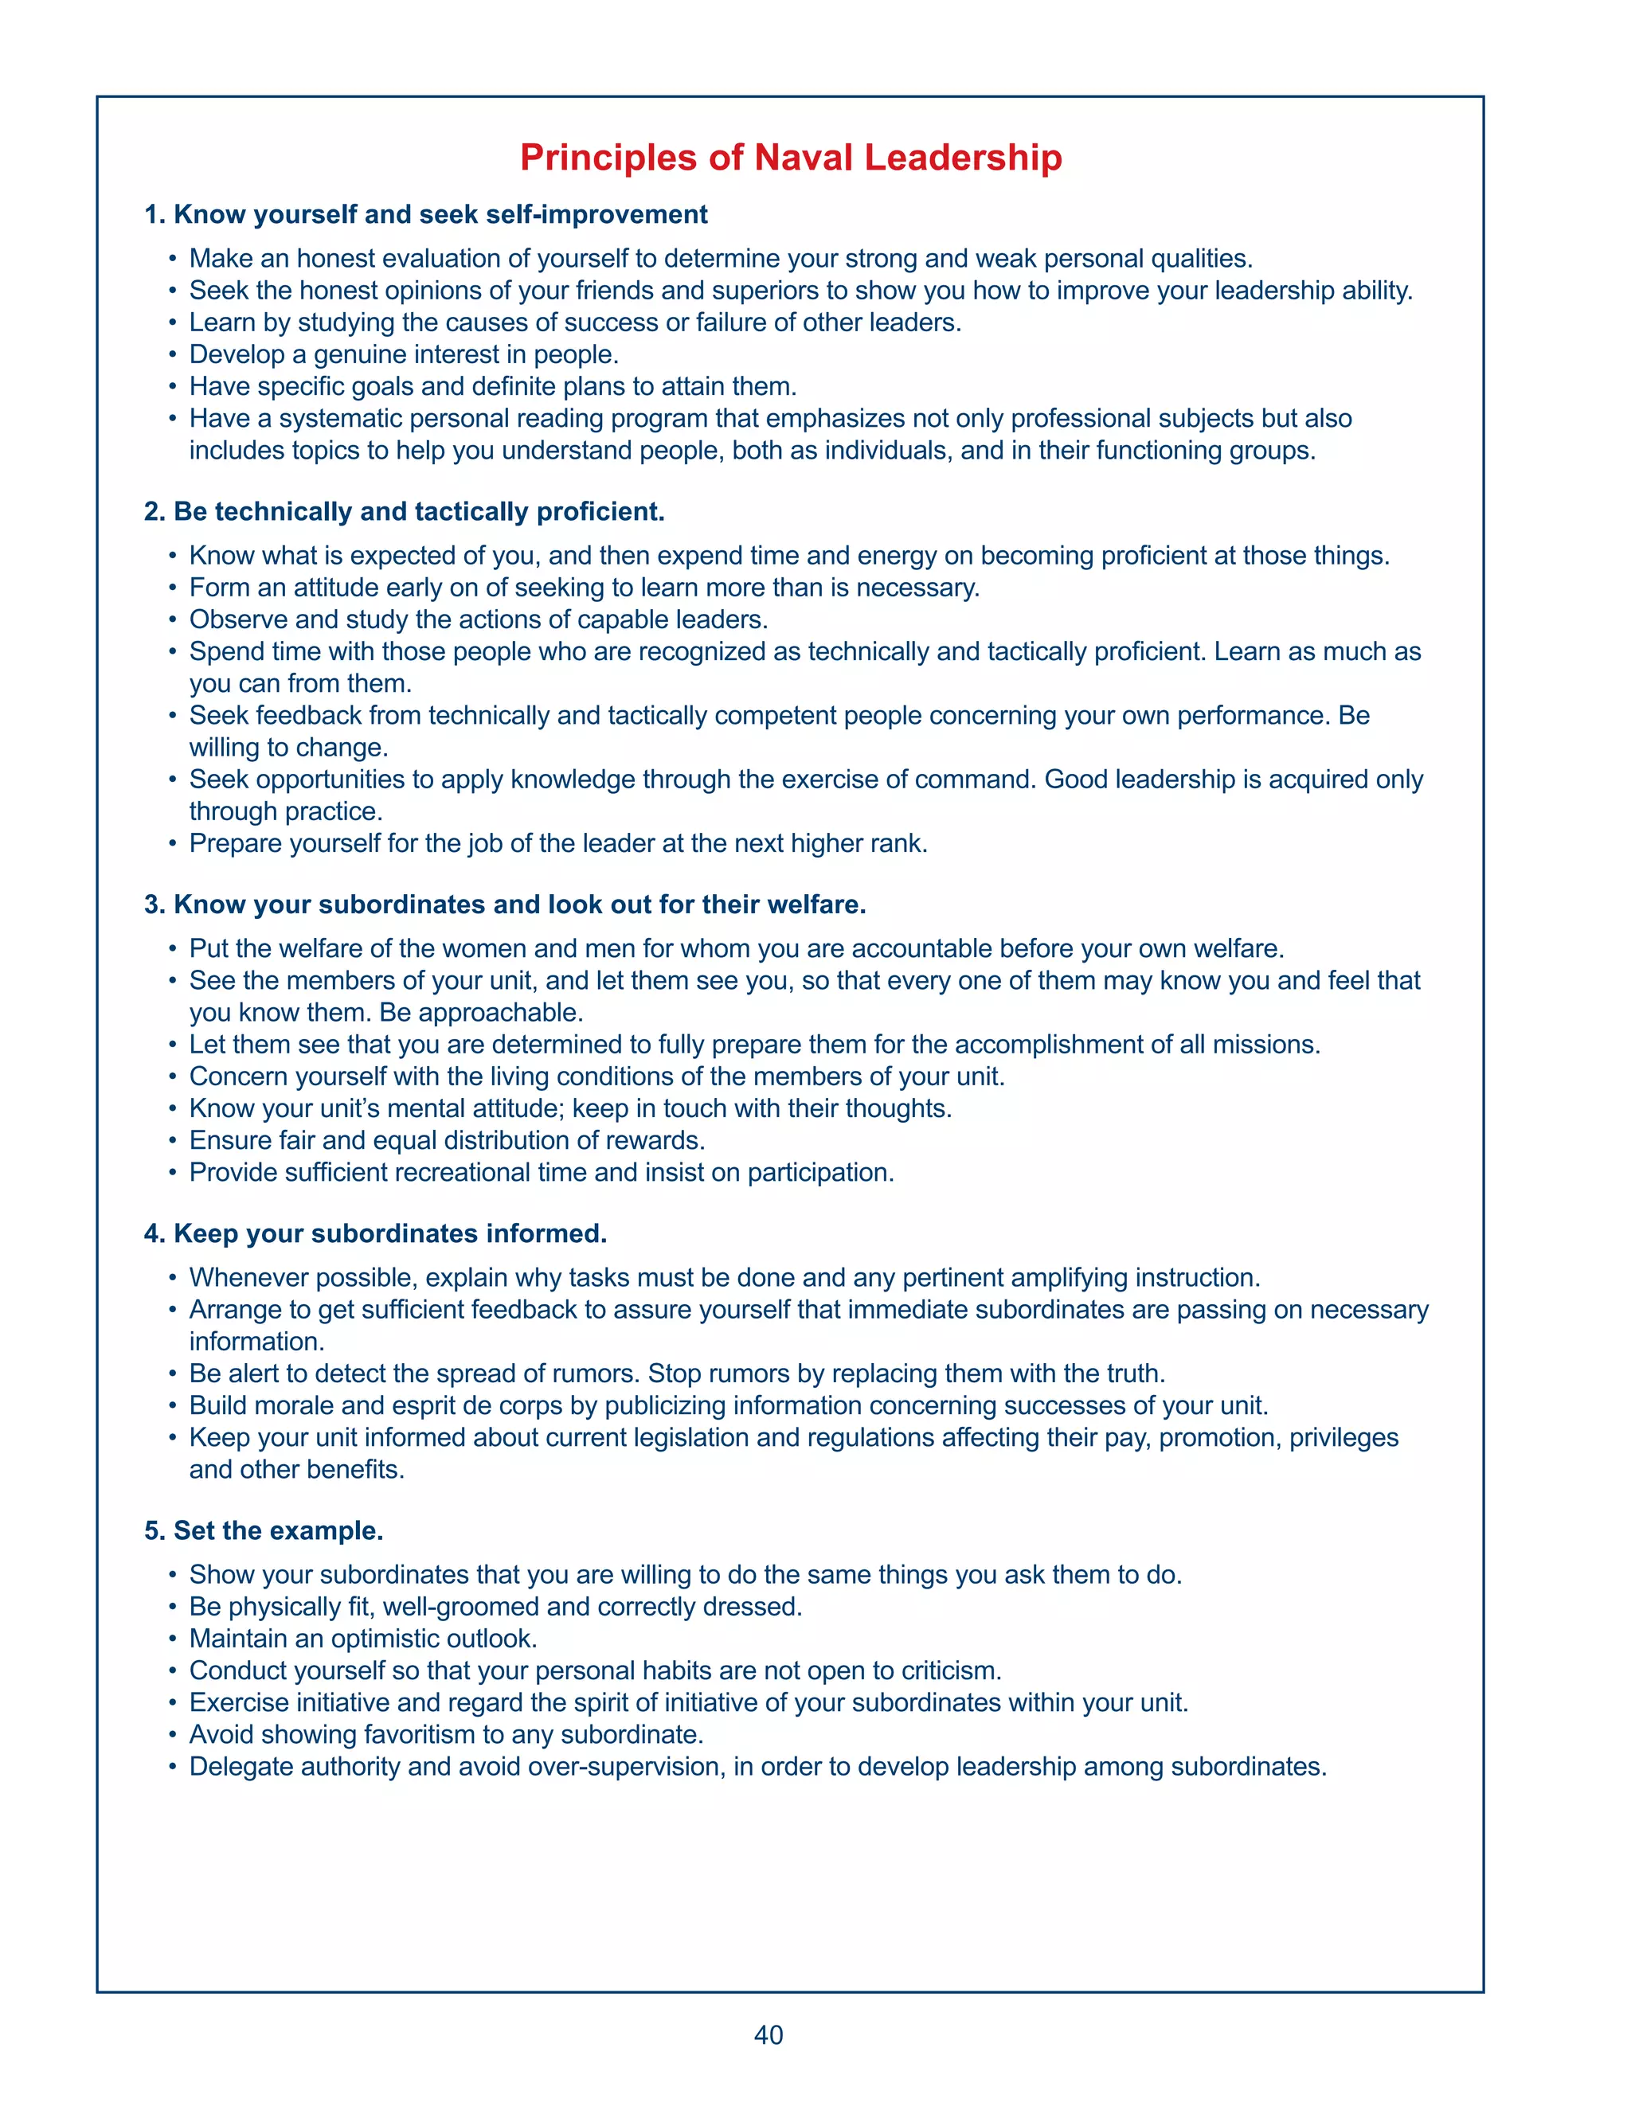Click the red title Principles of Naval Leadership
coord(790,158)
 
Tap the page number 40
coord(769,2034)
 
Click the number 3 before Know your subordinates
coord(151,905)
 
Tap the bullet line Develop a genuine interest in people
coord(404,354)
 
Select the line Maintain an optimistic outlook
coord(363,1639)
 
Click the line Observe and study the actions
coord(479,619)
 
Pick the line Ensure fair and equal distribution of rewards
coord(447,1140)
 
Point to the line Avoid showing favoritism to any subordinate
coord(445,1734)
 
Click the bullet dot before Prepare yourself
coord(172,843)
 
